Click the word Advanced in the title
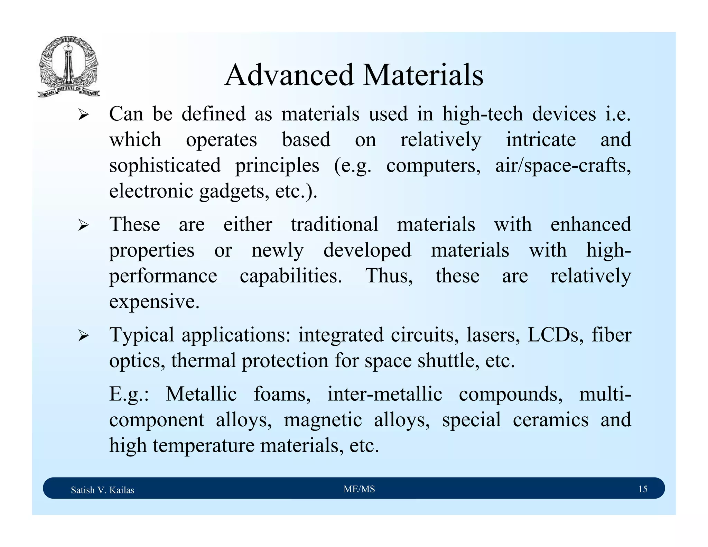click(x=289, y=75)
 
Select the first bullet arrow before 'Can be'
click(x=83, y=114)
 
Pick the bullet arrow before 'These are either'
click(x=83, y=225)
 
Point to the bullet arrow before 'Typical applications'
click(x=83, y=335)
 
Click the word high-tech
click(x=482, y=114)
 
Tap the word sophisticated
click(x=165, y=165)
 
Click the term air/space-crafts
click(x=563, y=165)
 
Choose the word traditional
click(x=334, y=224)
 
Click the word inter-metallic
click(x=384, y=394)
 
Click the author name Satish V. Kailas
click(x=102, y=490)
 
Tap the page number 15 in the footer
click(x=642, y=489)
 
